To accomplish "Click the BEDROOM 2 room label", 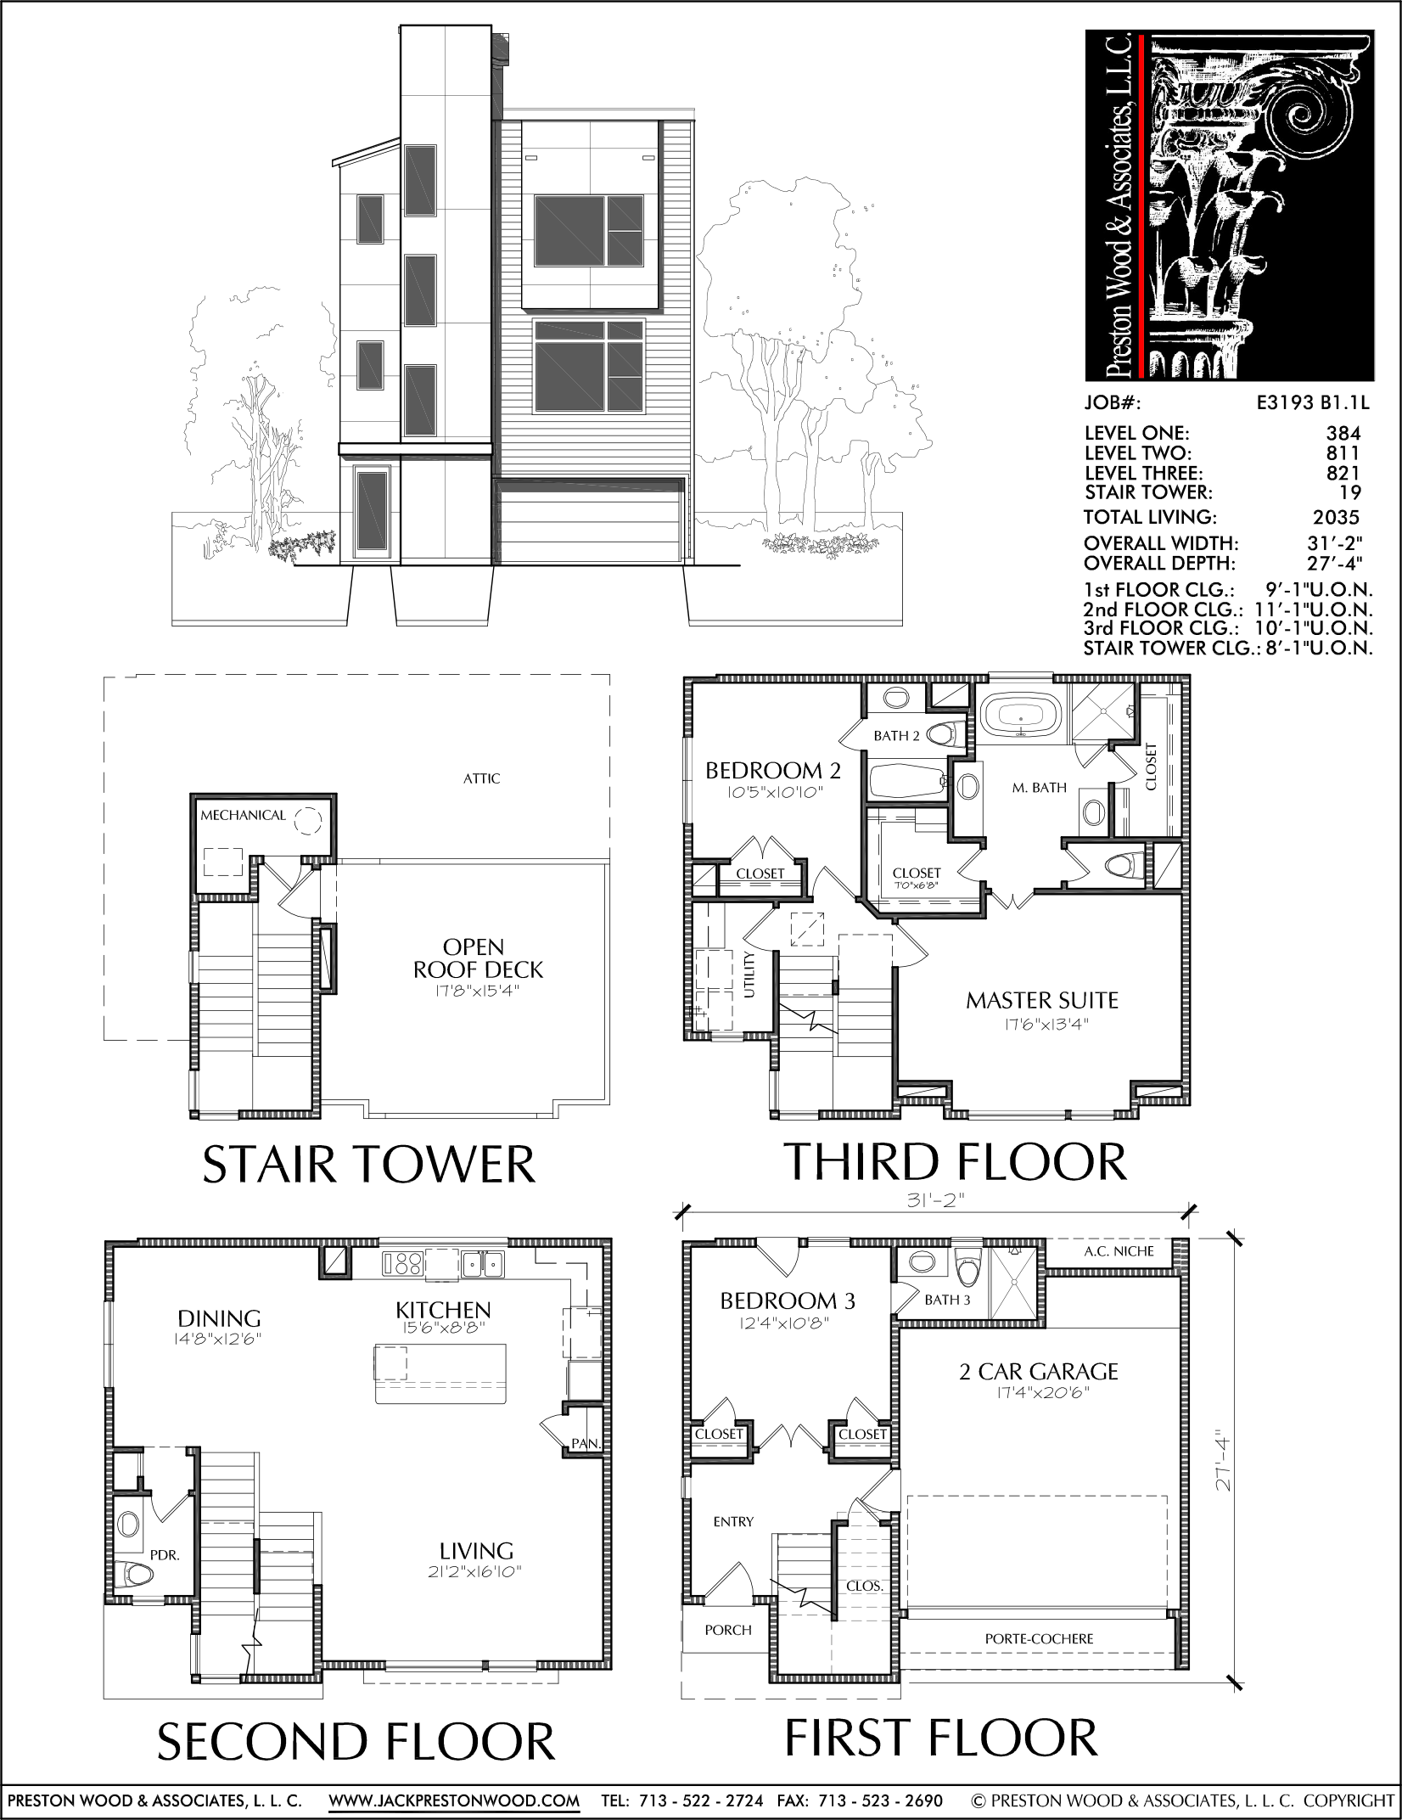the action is pos(773,771).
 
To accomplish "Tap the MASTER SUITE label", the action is pos(1042,1001).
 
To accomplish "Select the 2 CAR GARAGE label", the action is pos(1039,1372).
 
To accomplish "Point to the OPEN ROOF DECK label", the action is pos(478,958).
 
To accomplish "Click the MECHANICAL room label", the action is pos(243,815).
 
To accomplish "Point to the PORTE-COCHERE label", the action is pos(1039,1639).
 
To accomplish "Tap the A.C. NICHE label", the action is pos(1119,1251).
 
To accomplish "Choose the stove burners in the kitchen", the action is pos(402,1263).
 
